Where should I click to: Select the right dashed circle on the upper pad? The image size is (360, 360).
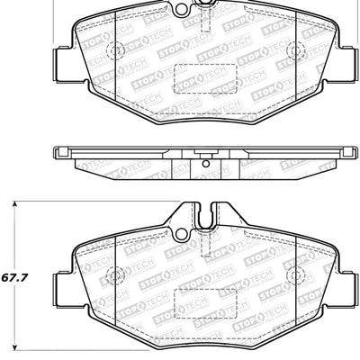[298, 49]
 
